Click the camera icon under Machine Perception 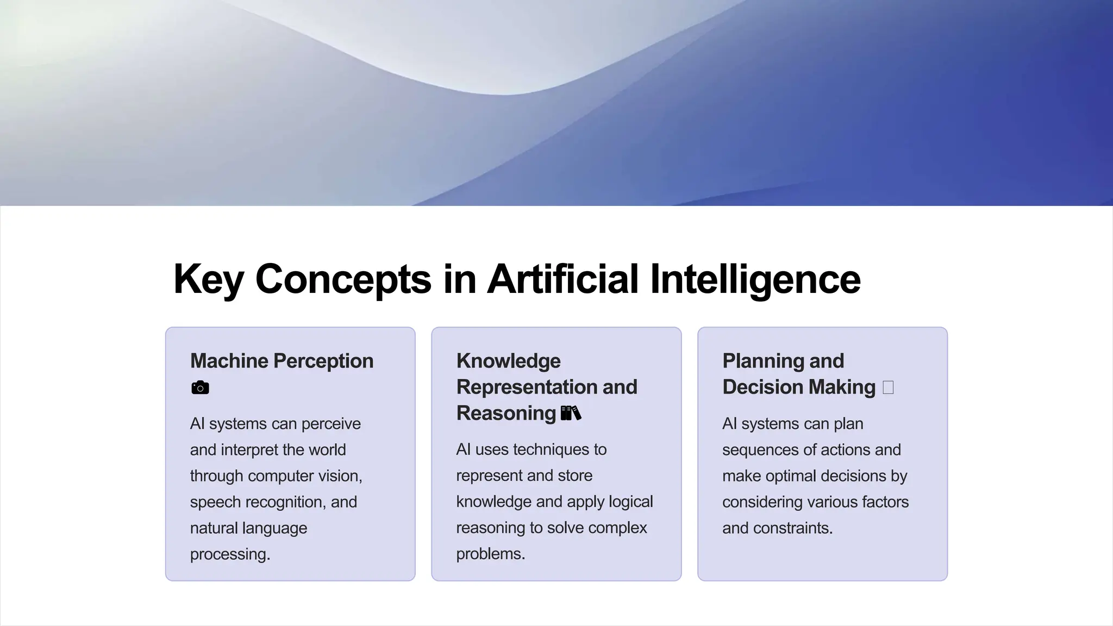[200, 388]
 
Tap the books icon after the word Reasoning [571, 414]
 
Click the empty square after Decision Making [888, 387]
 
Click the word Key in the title [208, 279]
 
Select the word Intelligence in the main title [755, 279]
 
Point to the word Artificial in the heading [562, 279]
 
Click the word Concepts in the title [343, 279]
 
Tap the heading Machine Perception [282, 361]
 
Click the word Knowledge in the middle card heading [508, 361]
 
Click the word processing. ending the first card [230, 554]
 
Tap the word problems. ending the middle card [490, 554]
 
